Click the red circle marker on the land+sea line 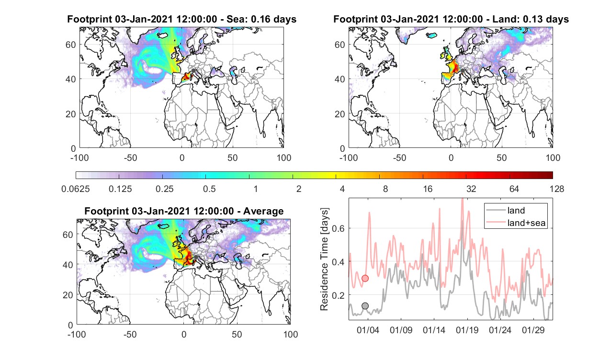pyautogui.click(x=365, y=279)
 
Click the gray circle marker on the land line pyautogui.click(x=365, y=306)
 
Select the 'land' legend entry pyautogui.click(x=516, y=210)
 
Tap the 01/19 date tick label pyautogui.click(x=467, y=330)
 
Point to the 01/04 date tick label pyautogui.click(x=368, y=330)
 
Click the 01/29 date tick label pyautogui.click(x=533, y=330)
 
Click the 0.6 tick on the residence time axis pyautogui.click(x=339, y=228)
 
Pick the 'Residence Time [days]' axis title pyautogui.click(x=324, y=259)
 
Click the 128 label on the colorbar pyautogui.click(x=557, y=189)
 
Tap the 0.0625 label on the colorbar pyautogui.click(x=76, y=189)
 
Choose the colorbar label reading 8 pyautogui.click(x=385, y=189)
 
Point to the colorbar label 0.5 pyautogui.click(x=209, y=189)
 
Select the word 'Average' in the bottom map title pyautogui.click(x=263, y=211)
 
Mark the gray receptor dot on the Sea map pyautogui.click(x=193, y=71)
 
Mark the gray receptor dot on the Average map pyautogui.click(x=196, y=257)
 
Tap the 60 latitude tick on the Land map pyautogui.click(x=339, y=45)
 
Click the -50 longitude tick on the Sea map pyautogui.click(x=130, y=158)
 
